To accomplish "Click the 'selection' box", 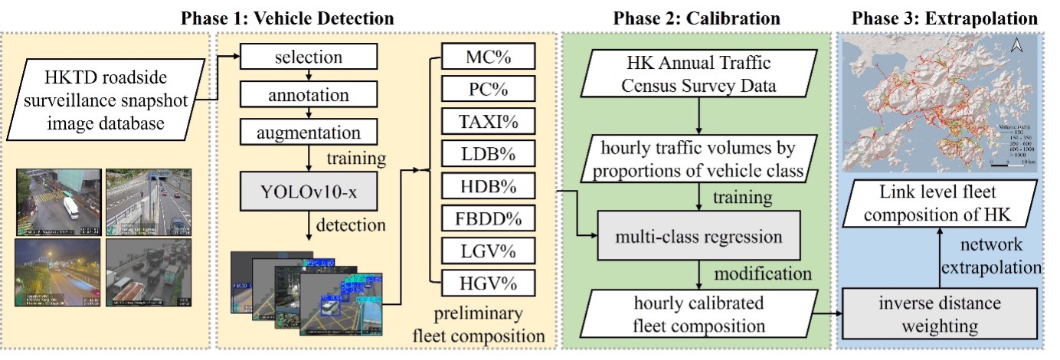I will coord(309,58).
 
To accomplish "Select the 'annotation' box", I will coord(309,95).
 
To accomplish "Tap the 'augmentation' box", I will coord(309,132).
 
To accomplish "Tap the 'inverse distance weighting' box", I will coord(939,314).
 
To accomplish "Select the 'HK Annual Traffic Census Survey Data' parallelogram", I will coord(699,74).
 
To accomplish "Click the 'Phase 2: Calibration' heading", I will coord(698,18).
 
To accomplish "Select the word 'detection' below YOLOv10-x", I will coord(342,227).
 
